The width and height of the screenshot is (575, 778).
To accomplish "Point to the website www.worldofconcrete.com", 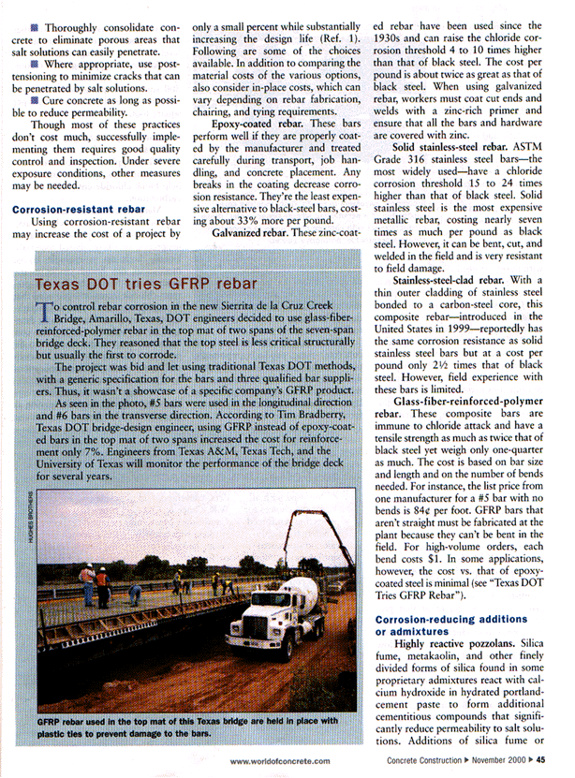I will point(279,761).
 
